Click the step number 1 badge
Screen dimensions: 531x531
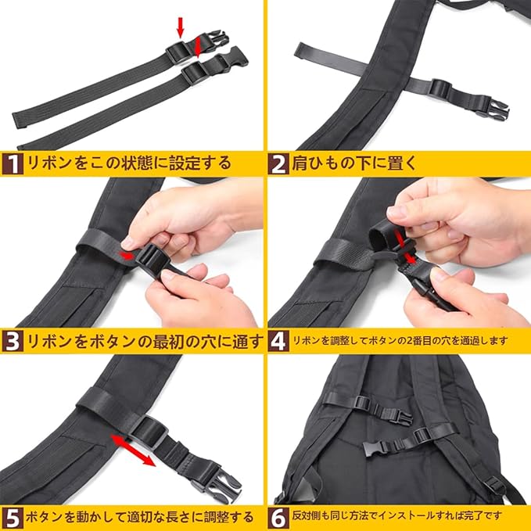coord(13,164)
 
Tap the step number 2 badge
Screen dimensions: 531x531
coord(278,164)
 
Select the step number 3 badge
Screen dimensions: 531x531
coord(13,341)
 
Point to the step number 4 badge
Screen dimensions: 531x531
coord(278,341)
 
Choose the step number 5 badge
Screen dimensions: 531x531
coord(13,518)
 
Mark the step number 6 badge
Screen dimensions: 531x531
coord(278,518)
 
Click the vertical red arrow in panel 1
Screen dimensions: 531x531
coord(181,27)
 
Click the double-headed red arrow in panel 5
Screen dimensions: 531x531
coord(133,450)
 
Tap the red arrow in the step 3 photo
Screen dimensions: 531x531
coord(127,256)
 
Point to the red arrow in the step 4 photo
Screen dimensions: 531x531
coord(405,248)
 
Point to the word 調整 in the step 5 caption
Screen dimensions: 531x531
coord(210,517)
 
